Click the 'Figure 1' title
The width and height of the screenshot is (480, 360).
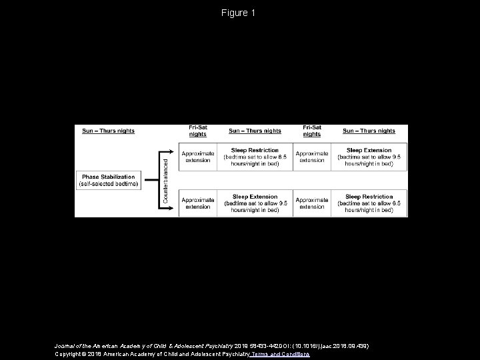239,13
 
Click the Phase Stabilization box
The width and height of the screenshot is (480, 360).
109,179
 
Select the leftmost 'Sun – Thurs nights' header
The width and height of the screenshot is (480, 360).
108,131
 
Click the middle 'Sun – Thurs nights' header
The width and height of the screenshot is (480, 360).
255,131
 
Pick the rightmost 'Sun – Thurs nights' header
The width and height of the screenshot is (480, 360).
369,131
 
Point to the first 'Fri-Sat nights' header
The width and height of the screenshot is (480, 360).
197,131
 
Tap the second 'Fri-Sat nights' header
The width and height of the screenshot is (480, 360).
312,131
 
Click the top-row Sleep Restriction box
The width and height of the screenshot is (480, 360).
255,157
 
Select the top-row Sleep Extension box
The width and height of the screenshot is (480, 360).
369,157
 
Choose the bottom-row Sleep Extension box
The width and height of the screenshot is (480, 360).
255,203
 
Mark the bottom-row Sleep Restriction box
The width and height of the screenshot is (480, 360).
369,203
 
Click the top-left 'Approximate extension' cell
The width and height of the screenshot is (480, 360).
197,157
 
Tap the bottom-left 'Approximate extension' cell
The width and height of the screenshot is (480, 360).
197,203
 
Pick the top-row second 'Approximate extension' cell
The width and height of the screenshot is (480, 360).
312,157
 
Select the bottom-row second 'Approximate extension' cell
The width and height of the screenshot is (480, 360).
312,203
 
